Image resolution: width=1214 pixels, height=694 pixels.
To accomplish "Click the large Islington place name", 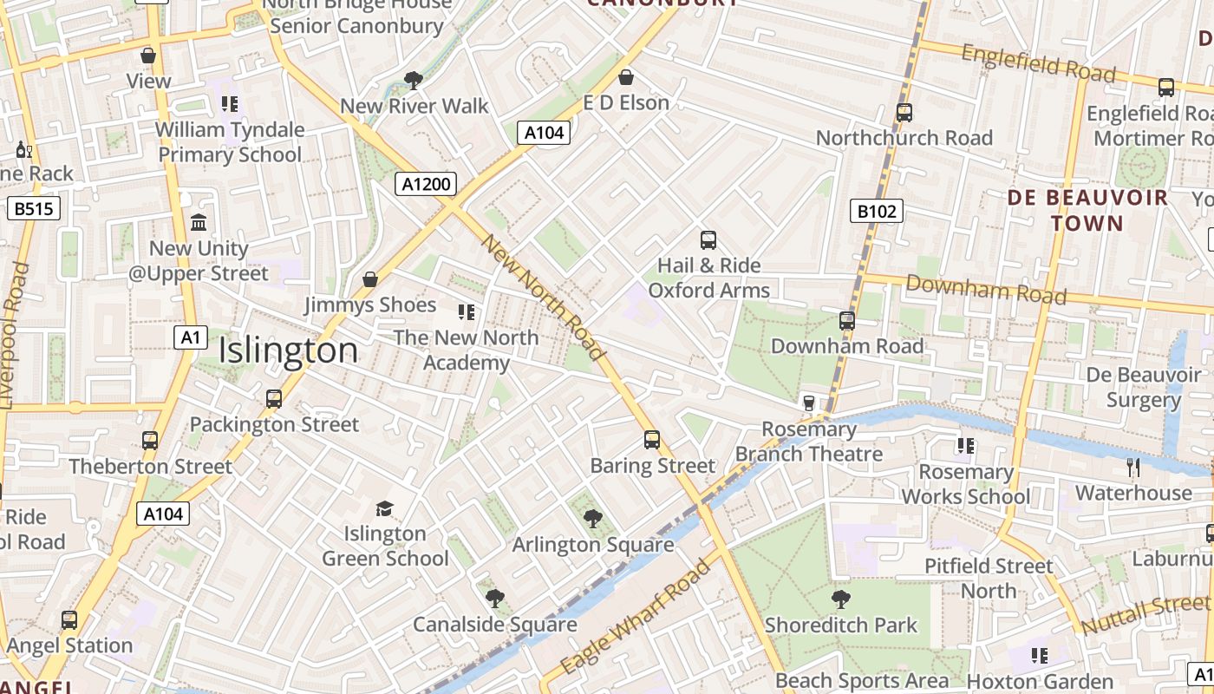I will click(x=288, y=350).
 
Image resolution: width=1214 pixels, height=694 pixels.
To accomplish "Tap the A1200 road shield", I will click(x=425, y=184).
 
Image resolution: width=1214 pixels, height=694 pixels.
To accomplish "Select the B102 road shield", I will click(x=877, y=211).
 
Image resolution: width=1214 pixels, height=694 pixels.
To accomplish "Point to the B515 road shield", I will click(x=34, y=208).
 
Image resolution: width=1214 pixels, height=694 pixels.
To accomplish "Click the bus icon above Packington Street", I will click(x=274, y=399).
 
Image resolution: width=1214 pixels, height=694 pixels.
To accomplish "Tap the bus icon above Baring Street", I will click(x=652, y=440).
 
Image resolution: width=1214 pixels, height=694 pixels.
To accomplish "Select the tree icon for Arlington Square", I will click(x=593, y=519).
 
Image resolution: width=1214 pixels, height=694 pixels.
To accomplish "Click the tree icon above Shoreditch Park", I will click(x=840, y=599).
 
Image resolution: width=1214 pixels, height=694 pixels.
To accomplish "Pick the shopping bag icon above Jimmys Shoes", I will click(x=370, y=279).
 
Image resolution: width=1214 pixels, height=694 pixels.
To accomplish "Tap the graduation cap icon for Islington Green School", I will click(x=384, y=508).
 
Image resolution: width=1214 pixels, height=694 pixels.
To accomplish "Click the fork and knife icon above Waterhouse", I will click(x=1133, y=468).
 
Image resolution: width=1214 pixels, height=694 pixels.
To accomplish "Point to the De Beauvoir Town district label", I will click(x=1087, y=211).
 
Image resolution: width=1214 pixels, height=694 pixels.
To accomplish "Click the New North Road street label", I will click(x=544, y=297).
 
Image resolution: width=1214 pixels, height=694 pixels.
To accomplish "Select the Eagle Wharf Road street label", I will click(x=636, y=618).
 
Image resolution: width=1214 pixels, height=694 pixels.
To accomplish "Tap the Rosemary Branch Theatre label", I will click(x=808, y=442).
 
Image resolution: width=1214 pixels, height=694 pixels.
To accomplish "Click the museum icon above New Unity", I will click(x=199, y=223).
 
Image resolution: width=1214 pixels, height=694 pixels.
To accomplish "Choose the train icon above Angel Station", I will click(x=69, y=620).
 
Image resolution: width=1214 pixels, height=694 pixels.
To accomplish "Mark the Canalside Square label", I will click(x=495, y=625).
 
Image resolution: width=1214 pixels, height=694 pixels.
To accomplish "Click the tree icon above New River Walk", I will click(x=414, y=81).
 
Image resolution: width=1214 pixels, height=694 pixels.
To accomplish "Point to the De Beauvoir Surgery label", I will click(x=1144, y=387).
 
